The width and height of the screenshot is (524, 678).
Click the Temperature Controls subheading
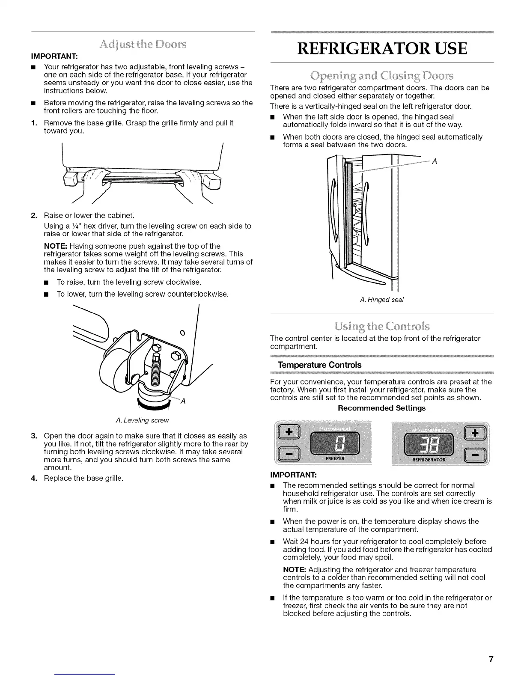[x=319, y=365]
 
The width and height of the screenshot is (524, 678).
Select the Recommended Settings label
[x=381, y=408]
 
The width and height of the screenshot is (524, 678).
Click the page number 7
[x=491, y=659]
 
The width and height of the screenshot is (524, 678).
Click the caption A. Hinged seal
[x=382, y=300]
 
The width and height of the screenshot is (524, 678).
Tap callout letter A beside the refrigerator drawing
[x=434, y=161]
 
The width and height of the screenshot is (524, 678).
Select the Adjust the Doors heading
[x=143, y=44]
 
